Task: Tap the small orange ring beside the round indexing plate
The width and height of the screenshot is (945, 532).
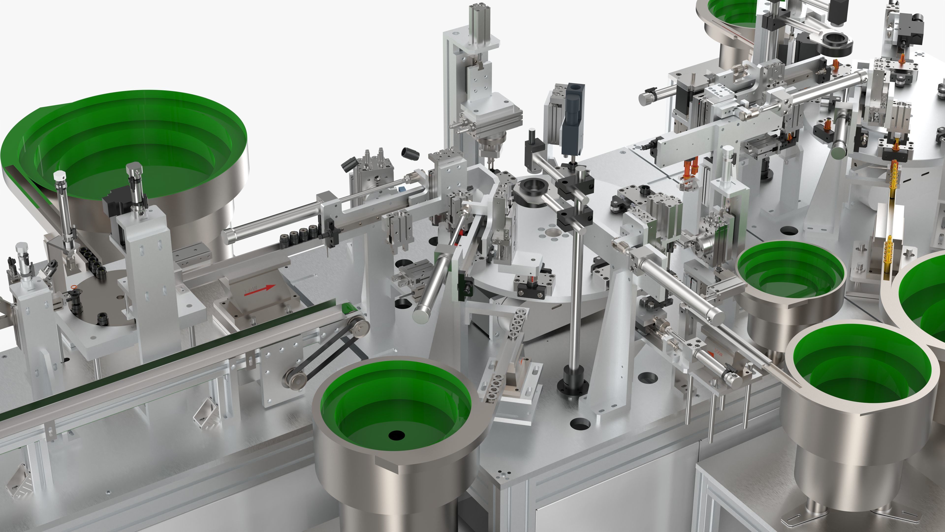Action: pyautogui.click(x=75, y=287)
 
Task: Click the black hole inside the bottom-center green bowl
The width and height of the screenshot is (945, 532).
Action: pyautogui.click(x=396, y=436)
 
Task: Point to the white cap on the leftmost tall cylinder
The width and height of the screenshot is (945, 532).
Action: pyautogui.click(x=59, y=176)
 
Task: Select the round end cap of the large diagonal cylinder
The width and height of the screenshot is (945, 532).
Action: pyautogui.click(x=421, y=315)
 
